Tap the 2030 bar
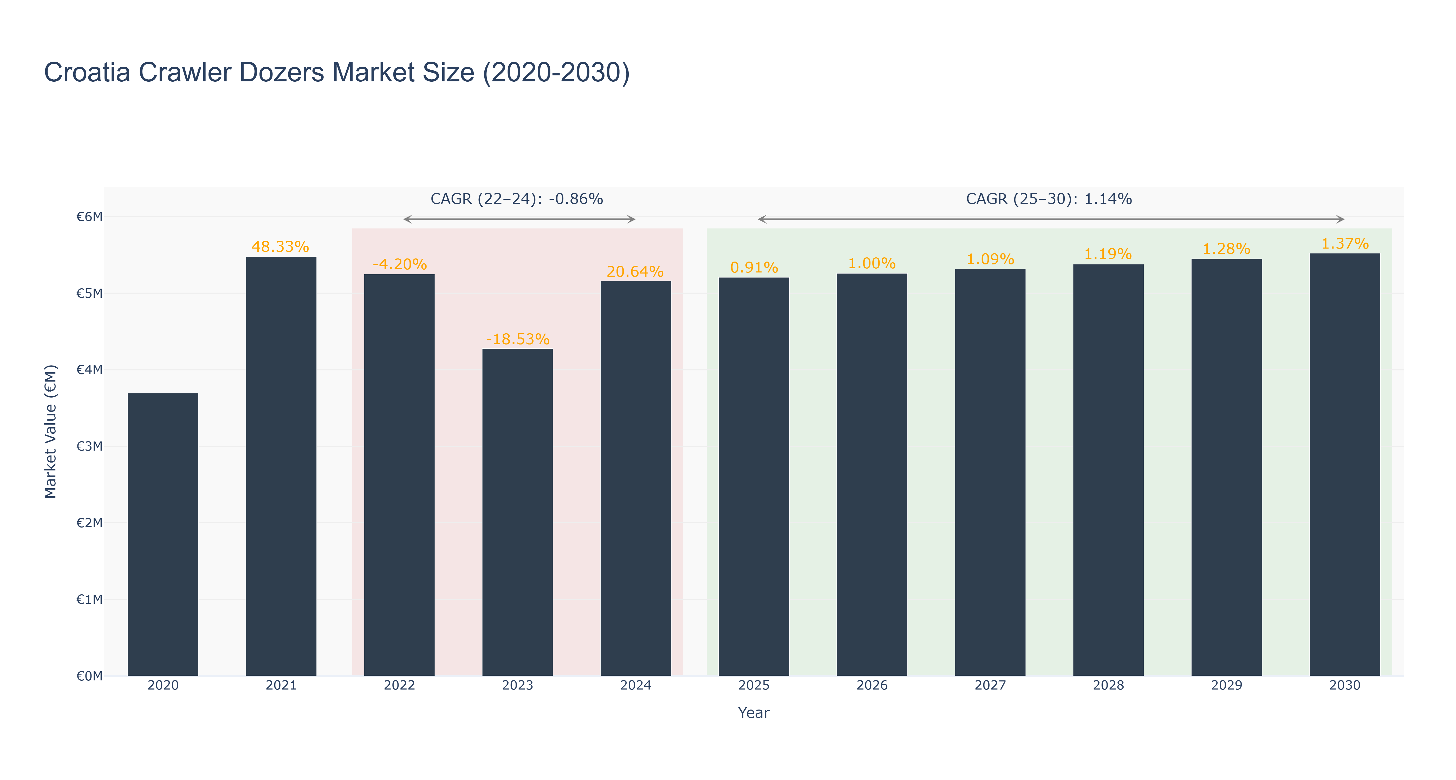click(1345, 465)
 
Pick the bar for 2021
click(281, 466)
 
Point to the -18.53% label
click(518, 339)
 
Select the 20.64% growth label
click(635, 272)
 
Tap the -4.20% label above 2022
click(400, 264)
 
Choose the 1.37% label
click(1345, 244)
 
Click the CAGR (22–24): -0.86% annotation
click(517, 199)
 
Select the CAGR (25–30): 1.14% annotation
click(1049, 199)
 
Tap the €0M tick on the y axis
click(89, 676)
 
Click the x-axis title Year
click(754, 713)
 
